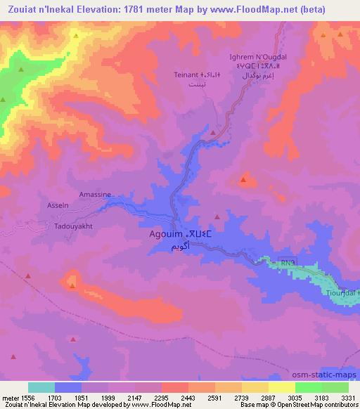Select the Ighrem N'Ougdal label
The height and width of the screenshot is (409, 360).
255,57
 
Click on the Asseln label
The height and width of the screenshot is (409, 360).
58,205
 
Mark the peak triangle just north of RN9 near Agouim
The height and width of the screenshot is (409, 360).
217,219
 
